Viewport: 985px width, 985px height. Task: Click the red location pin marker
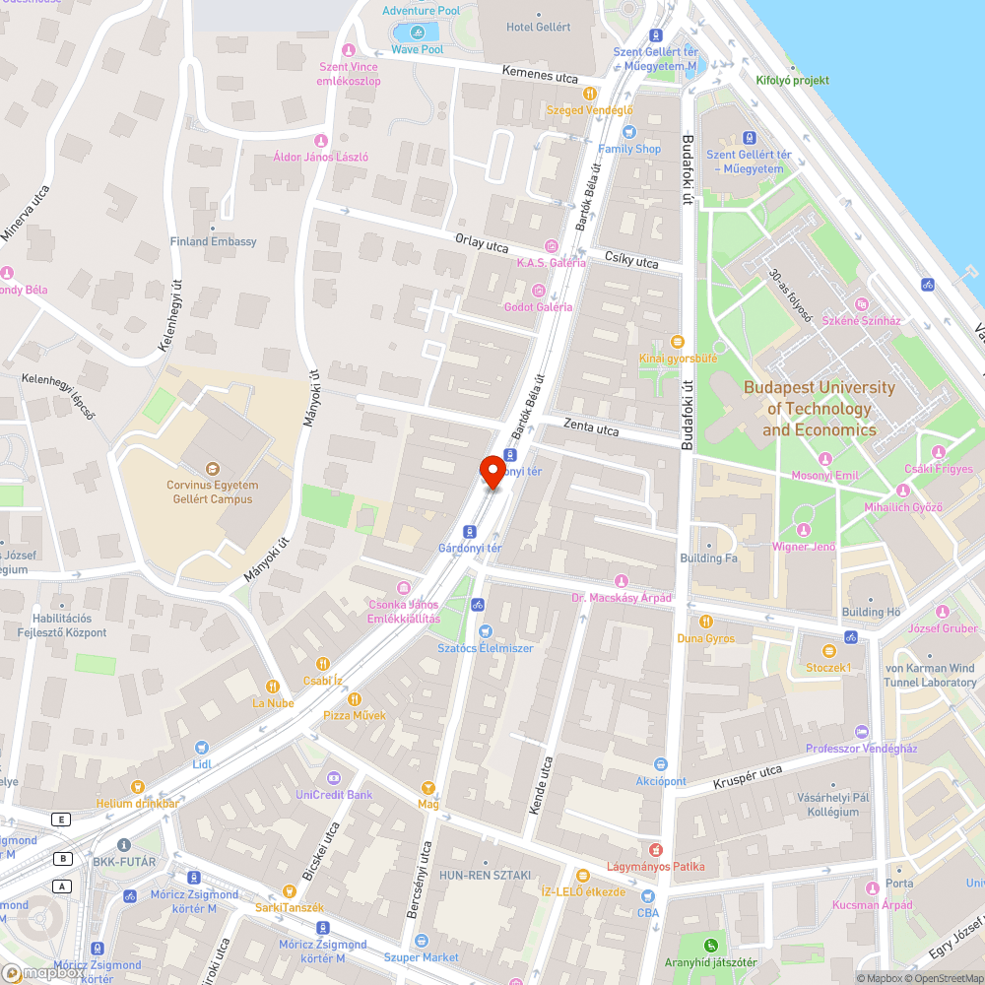click(492, 471)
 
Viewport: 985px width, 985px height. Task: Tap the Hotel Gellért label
click(538, 27)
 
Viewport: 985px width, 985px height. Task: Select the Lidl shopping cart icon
click(202, 749)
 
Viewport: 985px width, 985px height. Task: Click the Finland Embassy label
click(213, 241)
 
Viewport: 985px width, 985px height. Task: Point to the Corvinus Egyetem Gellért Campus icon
click(211, 469)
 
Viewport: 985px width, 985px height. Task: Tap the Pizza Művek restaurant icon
click(355, 699)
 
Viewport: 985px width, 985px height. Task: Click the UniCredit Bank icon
click(333, 778)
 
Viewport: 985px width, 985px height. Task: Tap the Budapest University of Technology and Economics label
click(820, 409)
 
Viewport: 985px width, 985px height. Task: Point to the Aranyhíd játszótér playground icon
click(711, 947)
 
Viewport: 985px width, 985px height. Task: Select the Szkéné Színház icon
click(863, 305)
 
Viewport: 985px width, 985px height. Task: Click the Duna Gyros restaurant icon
click(706, 622)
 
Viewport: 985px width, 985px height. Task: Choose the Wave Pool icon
click(417, 33)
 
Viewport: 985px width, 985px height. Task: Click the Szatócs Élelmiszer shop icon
click(485, 631)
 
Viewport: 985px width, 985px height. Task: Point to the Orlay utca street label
click(482, 243)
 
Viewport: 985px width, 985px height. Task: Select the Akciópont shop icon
click(661, 764)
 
